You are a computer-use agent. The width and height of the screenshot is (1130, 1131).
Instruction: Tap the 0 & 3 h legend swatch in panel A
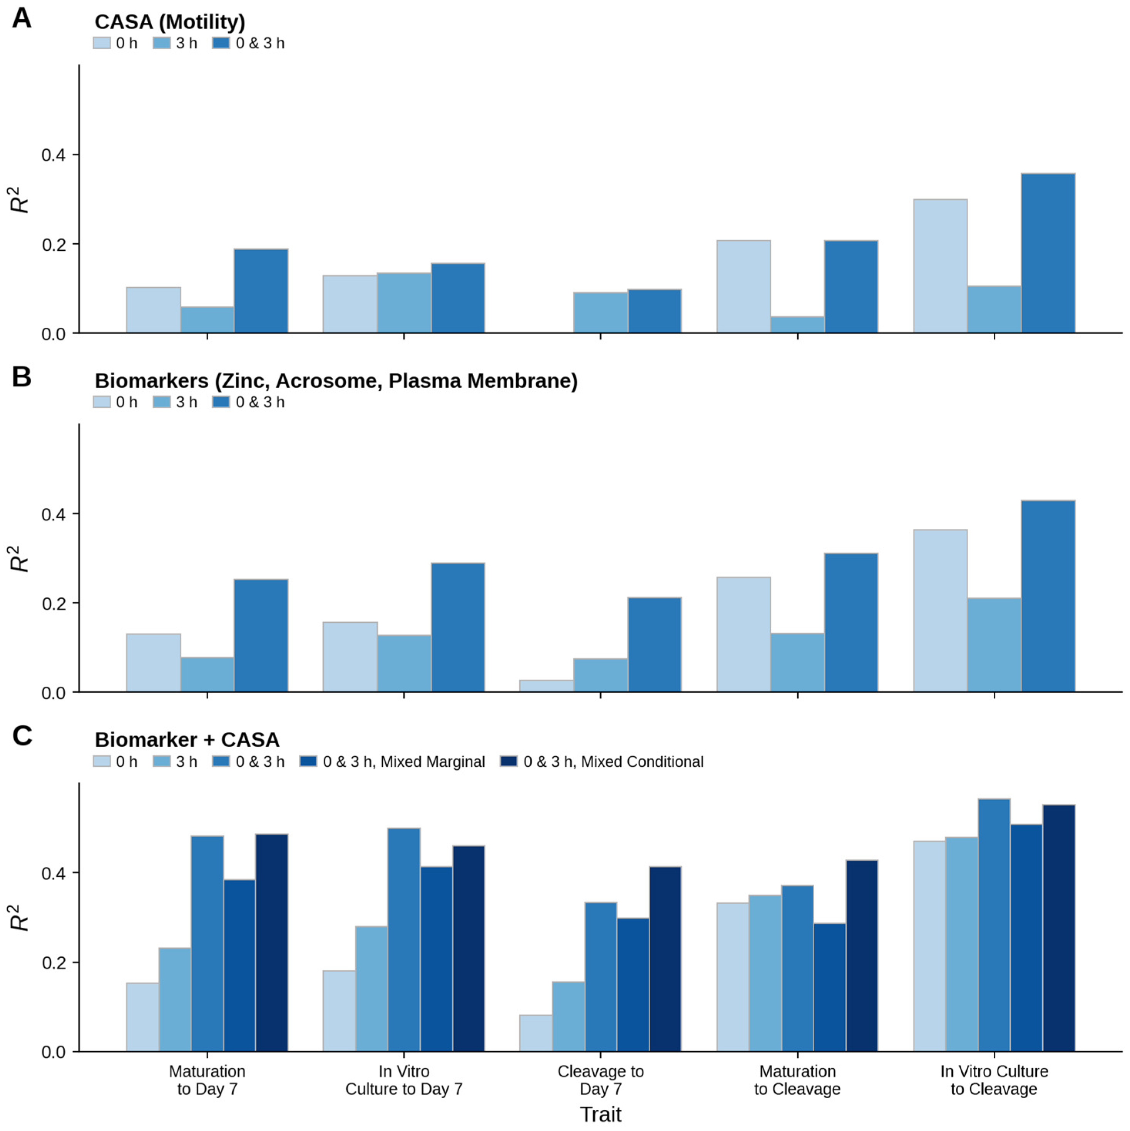pos(221,43)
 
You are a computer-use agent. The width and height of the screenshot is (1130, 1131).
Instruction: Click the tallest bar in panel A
pos(1048,253)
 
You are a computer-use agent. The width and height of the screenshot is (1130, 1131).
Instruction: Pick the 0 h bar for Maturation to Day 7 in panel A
pos(153,310)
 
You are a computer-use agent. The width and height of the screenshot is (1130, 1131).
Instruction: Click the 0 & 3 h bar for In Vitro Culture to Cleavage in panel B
pos(1048,596)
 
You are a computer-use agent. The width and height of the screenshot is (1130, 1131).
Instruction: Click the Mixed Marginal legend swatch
pos(308,762)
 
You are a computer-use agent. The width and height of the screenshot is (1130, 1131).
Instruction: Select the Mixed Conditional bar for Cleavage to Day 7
pos(665,959)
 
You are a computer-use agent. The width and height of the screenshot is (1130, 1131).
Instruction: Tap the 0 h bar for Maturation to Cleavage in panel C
pos(733,977)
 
